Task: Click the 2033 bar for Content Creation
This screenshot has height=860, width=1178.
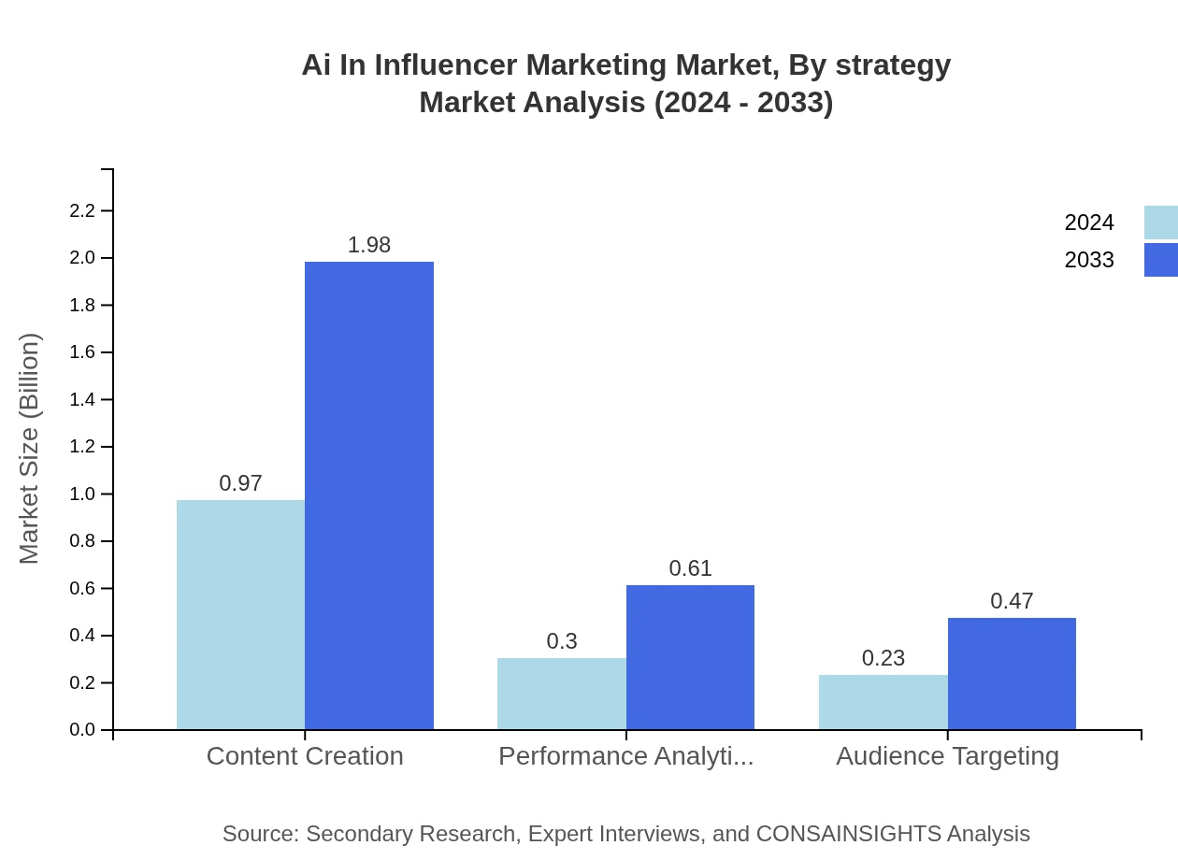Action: coord(369,495)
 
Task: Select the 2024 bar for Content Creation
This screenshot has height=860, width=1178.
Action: coord(240,614)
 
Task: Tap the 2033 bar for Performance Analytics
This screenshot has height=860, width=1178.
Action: coord(690,657)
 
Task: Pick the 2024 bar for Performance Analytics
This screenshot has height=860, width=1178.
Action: coord(561,694)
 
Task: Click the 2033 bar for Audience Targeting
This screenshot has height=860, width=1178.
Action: coord(1012,673)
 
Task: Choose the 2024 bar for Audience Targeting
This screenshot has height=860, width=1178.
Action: coord(883,702)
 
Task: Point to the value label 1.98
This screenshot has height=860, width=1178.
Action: coord(369,245)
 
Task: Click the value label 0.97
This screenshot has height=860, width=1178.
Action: coord(240,483)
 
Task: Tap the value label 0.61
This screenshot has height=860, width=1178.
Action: coord(690,568)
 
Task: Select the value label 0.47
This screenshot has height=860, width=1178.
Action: coord(1012,601)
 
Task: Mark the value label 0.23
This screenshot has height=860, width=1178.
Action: coord(883,658)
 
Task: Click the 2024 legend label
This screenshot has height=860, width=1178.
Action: coord(1088,222)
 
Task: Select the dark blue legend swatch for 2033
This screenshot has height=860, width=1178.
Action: coord(1160,260)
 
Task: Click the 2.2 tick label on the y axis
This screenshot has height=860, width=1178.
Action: coord(83,210)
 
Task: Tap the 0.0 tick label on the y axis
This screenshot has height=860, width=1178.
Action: coord(83,729)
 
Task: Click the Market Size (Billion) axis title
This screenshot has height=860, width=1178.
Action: coord(29,449)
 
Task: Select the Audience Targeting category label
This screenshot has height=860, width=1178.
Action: coord(947,755)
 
